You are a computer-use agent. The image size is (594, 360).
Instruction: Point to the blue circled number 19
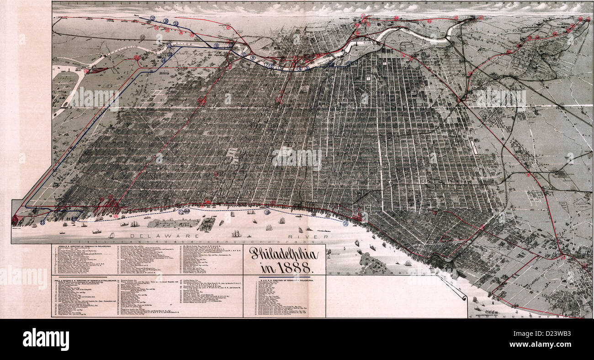click(267, 212)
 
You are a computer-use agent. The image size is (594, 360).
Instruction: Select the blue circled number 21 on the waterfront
click(181, 212)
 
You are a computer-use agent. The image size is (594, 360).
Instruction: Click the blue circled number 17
click(153, 18)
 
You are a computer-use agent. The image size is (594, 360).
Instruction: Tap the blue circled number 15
click(176, 23)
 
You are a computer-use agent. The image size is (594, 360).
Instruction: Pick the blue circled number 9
click(243, 54)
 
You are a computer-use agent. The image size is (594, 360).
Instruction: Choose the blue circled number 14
click(164, 60)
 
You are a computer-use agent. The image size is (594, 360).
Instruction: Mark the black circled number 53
click(143, 37)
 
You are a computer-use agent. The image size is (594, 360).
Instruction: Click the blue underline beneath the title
click(284, 277)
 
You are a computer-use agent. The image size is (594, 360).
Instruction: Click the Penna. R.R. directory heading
click(80, 247)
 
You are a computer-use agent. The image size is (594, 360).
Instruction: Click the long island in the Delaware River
click(174, 223)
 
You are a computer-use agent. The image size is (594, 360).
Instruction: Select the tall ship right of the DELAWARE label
click(236, 233)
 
